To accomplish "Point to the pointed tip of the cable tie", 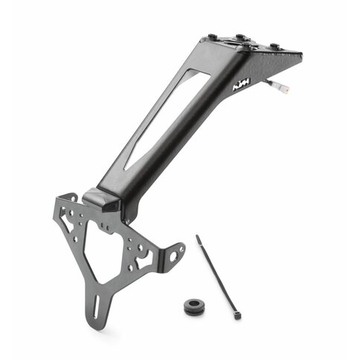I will tap(198, 237).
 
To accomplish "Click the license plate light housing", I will tap(100, 199).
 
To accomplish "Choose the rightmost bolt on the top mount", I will tap(276, 46).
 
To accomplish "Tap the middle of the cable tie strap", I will tap(217, 277).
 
